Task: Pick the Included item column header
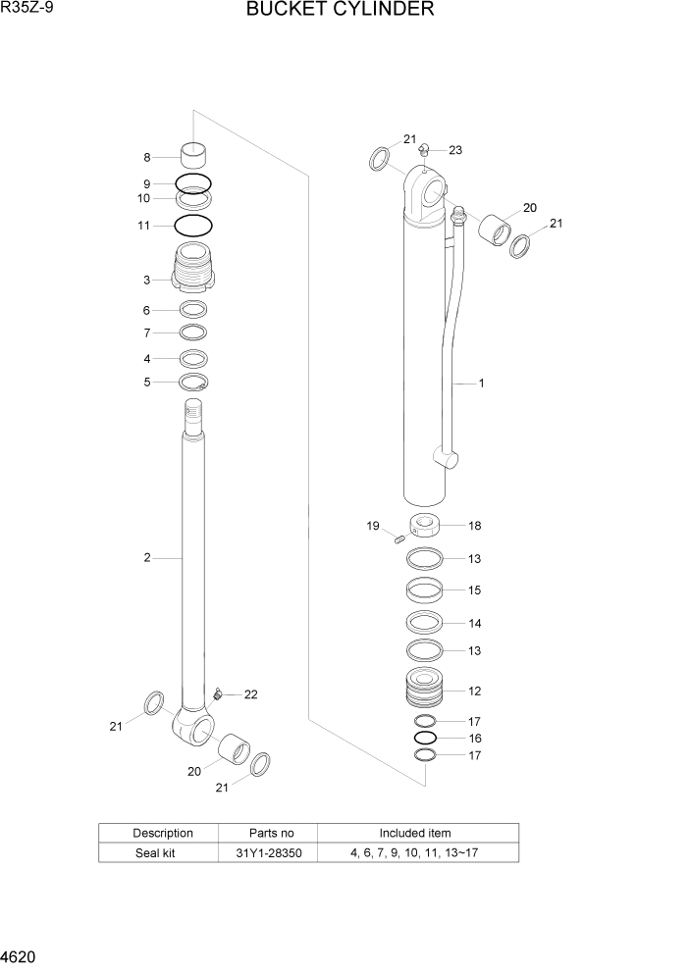point(413,833)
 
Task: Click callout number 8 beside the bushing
point(147,157)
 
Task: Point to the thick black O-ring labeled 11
point(193,226)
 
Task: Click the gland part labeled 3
point(193,269)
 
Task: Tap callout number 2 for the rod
point(146,558)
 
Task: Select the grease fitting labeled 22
point(217,694)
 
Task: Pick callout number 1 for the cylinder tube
point(481,384)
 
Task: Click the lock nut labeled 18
point(426,526)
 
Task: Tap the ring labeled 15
point(426,590)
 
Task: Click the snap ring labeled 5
point(193,383)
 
